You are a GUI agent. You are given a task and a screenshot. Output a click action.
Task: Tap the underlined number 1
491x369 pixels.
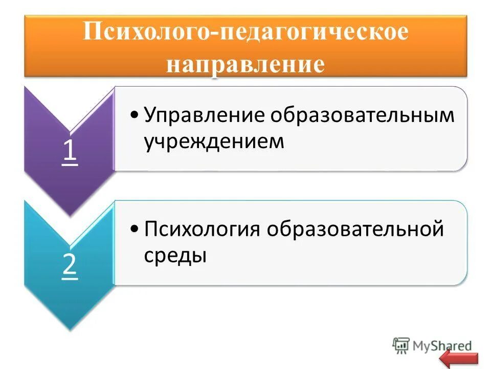[70, 151]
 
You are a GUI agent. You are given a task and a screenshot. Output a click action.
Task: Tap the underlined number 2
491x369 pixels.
[70, 265]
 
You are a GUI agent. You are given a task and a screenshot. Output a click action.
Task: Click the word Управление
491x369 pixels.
[203, 115]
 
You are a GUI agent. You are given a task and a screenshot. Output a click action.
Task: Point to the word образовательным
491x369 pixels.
[363, 115]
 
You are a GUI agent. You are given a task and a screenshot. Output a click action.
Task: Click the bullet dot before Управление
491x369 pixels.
[134, 115]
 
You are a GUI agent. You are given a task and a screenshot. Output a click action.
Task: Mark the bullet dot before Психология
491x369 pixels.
[134, 229]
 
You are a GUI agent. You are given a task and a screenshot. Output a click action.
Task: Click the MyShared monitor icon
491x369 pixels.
[401, 344]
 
